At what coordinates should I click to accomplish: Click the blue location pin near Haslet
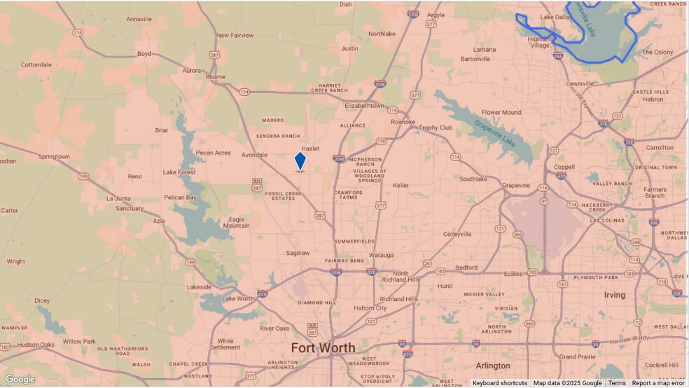300,160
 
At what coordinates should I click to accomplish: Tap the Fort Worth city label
323,348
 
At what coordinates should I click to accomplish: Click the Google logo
20,379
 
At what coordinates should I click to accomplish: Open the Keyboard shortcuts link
499,383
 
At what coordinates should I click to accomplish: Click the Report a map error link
658,383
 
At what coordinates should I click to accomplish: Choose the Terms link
617,383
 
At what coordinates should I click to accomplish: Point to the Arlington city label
493,366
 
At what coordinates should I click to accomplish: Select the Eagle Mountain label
236,222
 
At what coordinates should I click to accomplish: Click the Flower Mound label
501,112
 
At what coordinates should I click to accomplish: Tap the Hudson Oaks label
36,345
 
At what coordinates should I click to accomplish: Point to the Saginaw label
298,253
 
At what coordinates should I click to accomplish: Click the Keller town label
401,186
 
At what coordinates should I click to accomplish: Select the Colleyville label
459,234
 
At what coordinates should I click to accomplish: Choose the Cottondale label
36,64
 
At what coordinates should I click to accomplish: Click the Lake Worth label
237,299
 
